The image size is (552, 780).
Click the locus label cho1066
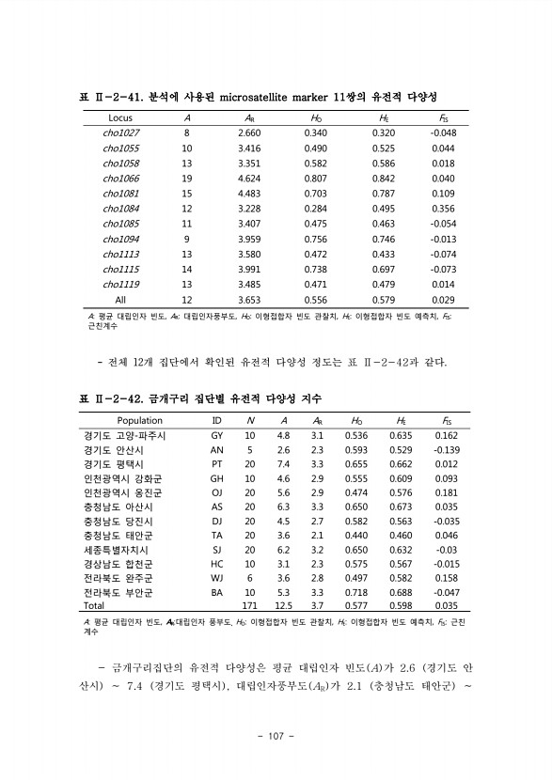[x=120, y=179]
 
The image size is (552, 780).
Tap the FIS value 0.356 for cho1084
[x=443, y=209]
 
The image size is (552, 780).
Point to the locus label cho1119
[x=120, y=285]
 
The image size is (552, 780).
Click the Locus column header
[x=120, y=118]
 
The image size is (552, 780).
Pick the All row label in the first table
[x=120, y=300]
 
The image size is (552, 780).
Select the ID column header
[x=216, y=421]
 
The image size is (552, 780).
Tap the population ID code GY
[x=216, y=436]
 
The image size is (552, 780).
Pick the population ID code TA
[x=216, y=535]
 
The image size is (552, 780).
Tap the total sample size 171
[x=250, y=606]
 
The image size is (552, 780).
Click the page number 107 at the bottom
[x=276, y=734]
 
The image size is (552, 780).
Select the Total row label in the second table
[x=96, y=606]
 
